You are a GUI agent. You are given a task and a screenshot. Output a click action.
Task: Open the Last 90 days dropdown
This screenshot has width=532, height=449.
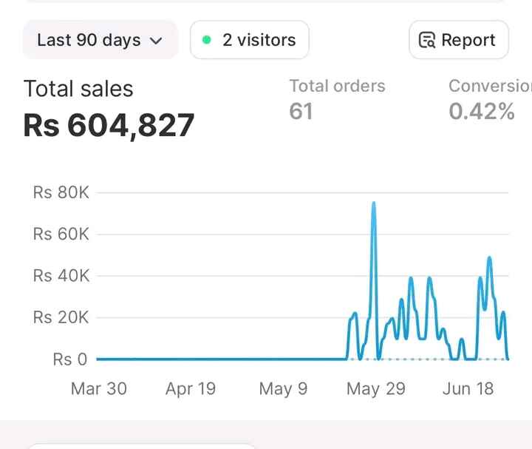coord(100,40)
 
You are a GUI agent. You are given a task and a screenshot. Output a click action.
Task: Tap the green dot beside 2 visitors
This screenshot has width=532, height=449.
coord(207,40)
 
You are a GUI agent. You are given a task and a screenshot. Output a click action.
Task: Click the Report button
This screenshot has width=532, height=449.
coord(458,40)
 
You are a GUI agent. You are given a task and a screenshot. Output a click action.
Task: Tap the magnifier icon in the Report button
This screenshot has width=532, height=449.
coord(427,40)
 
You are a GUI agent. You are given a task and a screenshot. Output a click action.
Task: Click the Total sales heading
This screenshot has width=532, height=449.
coord(78,89)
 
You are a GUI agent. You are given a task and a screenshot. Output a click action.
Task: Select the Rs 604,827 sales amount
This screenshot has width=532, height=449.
coord(109,124)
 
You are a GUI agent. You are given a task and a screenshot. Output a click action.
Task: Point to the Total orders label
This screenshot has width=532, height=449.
coord(337,86)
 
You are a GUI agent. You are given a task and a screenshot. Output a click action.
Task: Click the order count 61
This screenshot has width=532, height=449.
coord(301,112)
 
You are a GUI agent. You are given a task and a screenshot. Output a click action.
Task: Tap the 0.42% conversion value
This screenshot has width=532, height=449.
coord(481,112)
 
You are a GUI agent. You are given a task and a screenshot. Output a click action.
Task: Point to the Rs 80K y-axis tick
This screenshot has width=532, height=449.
coord(61,192)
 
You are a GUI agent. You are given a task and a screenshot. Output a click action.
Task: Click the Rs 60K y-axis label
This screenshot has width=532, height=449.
coord(61,234)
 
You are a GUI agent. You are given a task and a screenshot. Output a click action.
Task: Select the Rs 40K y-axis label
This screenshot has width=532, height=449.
coord(61,276)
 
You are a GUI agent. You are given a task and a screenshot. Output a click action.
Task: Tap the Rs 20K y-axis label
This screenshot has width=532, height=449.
coord(61,317)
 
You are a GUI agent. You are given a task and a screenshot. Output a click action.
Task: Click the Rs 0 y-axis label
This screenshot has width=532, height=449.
coord(70,359)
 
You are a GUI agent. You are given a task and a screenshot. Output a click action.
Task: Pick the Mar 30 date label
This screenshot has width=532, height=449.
coord(98,389)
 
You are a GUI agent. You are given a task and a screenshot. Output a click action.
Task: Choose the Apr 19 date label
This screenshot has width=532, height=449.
coord(191,389)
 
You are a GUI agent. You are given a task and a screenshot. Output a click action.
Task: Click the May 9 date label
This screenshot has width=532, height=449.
coord(283,389)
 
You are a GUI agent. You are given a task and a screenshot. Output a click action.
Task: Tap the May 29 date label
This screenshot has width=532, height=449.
coord(375,389)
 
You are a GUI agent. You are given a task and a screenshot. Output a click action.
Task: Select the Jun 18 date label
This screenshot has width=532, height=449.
coord(468,389)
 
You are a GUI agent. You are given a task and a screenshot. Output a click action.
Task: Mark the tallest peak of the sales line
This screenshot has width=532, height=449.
coord(374,203)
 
